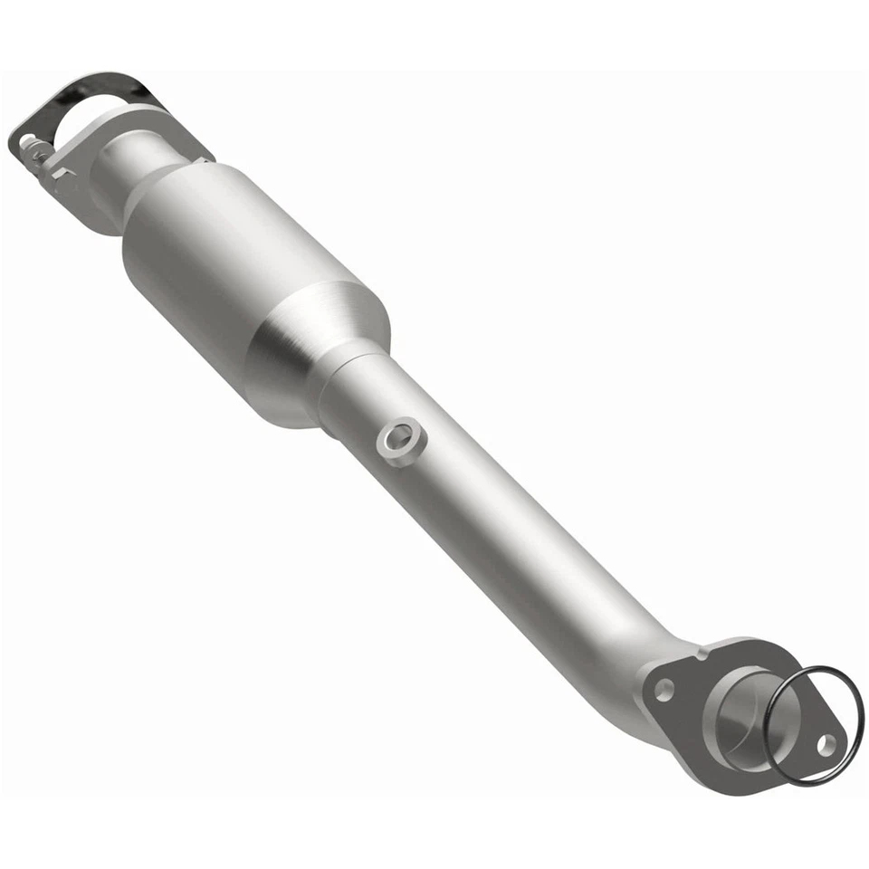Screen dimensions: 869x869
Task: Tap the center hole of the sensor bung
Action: [x=397, y=435]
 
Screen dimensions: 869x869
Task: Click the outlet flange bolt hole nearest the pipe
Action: [x=664, y=689]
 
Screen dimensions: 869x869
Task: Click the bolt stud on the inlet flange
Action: [x=33, y=145]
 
